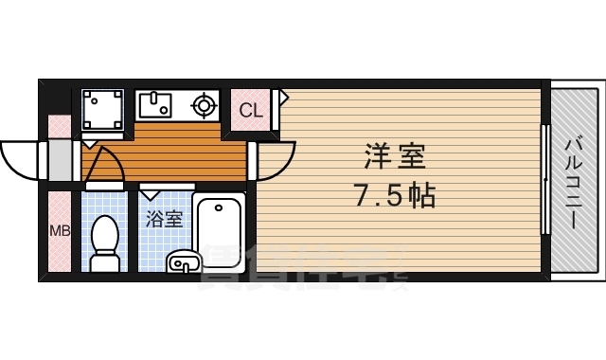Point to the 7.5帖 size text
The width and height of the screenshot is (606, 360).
coord(395,196)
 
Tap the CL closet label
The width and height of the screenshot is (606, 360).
coord(251,110)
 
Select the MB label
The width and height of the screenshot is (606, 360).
coord(59,230)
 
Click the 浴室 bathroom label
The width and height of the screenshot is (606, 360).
coord(164,219)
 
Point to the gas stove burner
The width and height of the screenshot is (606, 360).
coord(205,103)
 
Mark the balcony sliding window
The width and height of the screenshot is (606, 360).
coord(544,180)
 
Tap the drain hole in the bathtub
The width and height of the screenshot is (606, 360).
coord(220,207)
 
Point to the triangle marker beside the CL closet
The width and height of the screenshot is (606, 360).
coord(281,96)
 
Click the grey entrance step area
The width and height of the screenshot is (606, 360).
coord(60,161)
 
